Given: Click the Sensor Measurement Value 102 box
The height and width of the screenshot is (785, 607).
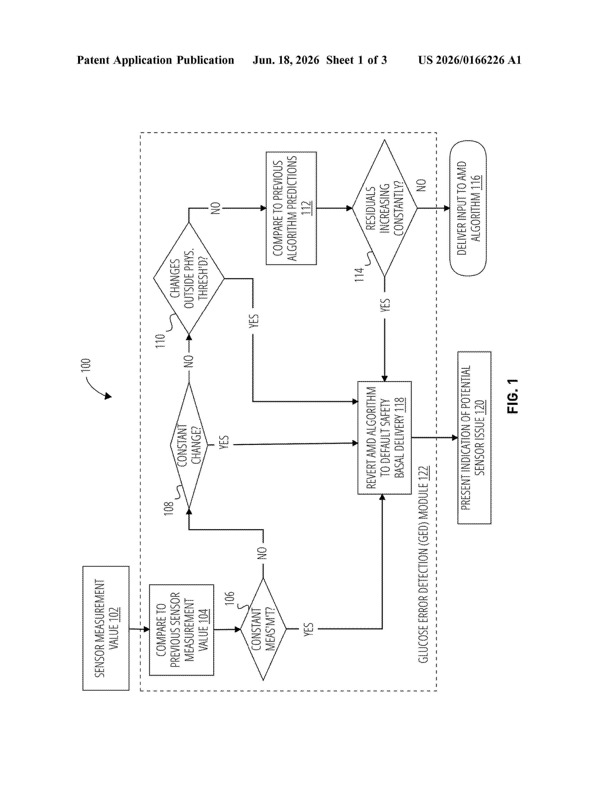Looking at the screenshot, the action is click(x=106, y=628).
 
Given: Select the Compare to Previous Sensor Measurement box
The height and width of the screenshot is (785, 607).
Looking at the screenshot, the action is click(x=182, y=630).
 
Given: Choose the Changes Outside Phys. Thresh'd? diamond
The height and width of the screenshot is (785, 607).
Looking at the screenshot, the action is click(x=189, y=279).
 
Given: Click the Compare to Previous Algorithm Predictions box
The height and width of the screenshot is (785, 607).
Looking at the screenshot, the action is click(x=291, y=208).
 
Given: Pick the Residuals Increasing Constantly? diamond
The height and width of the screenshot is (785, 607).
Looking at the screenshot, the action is click(x=384, y=208).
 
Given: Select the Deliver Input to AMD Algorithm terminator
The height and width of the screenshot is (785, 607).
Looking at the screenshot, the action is click(x=468, y=208).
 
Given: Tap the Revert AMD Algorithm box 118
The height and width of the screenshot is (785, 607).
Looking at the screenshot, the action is click(x=384, y=437).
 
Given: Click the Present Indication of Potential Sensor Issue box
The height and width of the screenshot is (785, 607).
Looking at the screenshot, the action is click(x=474, y=437).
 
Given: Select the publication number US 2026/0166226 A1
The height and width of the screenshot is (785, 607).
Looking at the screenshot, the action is click(x=470, y=60).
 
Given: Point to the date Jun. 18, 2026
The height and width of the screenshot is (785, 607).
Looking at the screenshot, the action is click(x=286, y=60).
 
